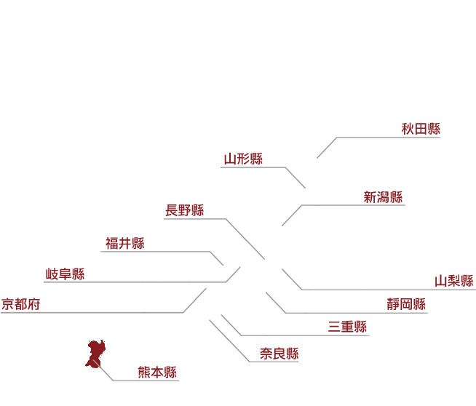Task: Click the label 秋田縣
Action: tap(421, 129)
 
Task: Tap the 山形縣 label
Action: tap(243, 159)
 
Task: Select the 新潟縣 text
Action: tap(383, 197)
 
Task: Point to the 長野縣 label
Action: tap(185, 210)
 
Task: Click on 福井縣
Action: tap(125, 243)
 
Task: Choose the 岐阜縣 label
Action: tap(65, 274)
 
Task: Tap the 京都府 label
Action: tap(20, 304)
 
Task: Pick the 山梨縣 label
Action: tap(454, 281)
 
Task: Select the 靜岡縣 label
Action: tap(406, 304)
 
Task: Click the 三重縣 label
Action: tap(347, 327)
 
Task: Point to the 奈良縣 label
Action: tap(279, 354)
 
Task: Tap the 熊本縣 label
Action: tap(157, 373)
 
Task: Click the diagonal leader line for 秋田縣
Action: tap(327, 148)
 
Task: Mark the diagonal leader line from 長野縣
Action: tap(245, 239)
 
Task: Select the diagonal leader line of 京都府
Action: tap(194, 300)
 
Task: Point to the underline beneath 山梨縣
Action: tap(389, 290)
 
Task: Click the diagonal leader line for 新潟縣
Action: tap(292, 215)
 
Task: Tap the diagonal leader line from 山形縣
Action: tap(295, 178)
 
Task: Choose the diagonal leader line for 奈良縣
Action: tap(229, 341)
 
